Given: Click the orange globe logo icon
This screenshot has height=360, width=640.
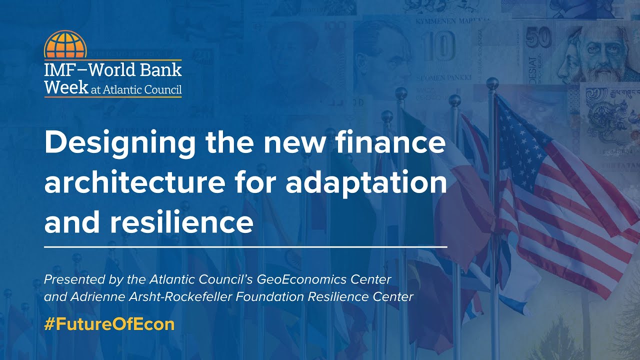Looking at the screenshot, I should click(65, 44).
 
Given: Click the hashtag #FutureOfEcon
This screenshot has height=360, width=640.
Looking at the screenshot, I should click(109, 324).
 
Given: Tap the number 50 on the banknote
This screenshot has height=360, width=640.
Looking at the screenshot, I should click(538, 38).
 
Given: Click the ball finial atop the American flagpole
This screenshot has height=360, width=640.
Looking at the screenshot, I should click(493, 83).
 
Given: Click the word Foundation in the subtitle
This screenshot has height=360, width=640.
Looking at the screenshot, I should click(270, 296).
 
